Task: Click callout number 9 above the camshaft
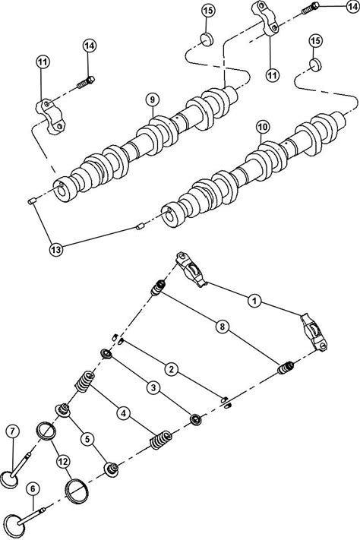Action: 152,99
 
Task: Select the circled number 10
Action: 263,127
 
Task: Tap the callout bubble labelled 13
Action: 56,249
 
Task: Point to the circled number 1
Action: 254,302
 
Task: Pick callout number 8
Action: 223,326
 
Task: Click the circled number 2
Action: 171,370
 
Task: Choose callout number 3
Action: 153,388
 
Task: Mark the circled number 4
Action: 123,412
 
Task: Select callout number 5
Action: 87,439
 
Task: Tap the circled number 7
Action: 13,431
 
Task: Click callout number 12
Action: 62,460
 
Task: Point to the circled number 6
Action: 33,489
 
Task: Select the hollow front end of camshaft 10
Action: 171,216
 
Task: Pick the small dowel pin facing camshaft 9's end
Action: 32,201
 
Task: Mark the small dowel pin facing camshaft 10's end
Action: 140,227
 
